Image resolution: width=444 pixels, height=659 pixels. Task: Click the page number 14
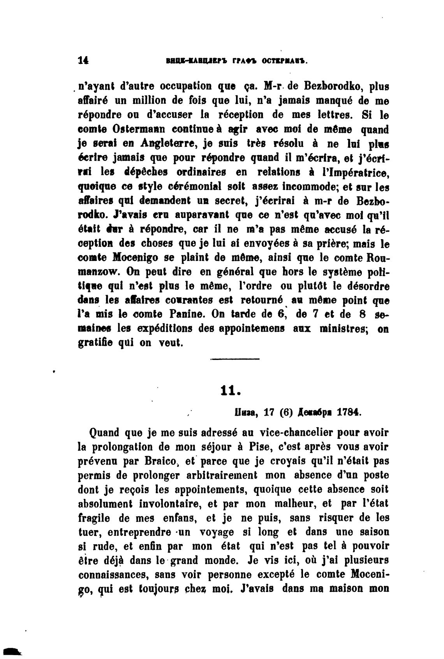click(x=83, y=60)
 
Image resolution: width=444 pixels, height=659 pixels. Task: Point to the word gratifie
click(x=96, y=343)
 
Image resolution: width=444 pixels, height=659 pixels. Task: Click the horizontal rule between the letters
click(x=235, y=359)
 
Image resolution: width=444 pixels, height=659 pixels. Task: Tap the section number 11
click(x=229, y=391)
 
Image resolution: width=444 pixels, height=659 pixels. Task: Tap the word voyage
click(x=217, y=532)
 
